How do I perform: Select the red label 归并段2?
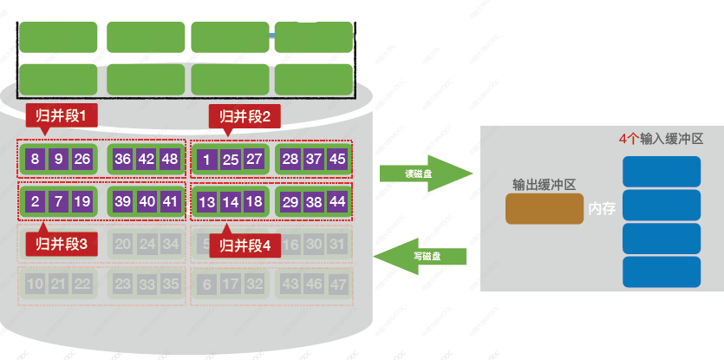(x=245, y=115)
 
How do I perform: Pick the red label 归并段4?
(x=245, y=245)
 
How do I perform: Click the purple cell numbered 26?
(x=82, y=159)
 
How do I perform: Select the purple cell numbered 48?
(x=169, y=159)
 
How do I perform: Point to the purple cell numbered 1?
(x=206, y=159)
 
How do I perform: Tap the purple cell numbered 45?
(x=337, y=159)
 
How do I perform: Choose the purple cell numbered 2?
(x=35, y=201)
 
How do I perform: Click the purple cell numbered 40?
(x=146, y=201)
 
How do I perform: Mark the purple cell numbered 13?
(x=206, y=201)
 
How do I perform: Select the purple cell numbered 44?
(x=337, y=201)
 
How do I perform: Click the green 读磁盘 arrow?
(x=425, y=173)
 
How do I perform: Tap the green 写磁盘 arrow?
(x=421, y=256)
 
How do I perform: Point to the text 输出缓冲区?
(x=545, y=185)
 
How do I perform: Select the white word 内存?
(x=602, y=210)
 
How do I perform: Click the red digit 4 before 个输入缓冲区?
(x=623, y=139)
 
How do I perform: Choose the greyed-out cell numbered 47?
(x=337, y=284)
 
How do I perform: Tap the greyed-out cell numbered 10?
(x=35, y=284)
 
